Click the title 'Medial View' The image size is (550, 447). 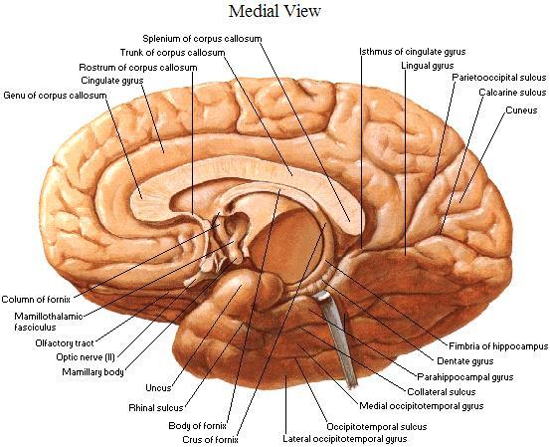(275, 11)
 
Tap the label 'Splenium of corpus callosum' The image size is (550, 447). (202, 38)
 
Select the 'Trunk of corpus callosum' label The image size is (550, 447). (173, 53)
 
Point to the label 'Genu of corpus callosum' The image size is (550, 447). (55, 96)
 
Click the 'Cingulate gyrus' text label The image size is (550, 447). (112, 81)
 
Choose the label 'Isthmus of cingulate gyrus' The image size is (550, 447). (413, 52)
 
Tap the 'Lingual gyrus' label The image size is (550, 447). (428, 66)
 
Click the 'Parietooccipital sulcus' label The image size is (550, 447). (499, 78)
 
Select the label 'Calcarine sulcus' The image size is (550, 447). (512, 93)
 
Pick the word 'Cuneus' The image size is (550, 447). (521, 111)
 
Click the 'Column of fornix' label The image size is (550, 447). (36, 300)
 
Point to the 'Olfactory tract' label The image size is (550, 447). (65, 343)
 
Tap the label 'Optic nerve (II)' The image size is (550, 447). (86, 357)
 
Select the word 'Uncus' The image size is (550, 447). (158, 388)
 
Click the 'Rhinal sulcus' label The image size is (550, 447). (156, 408)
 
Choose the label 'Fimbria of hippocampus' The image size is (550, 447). (498, 346)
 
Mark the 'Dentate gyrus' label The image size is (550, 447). (465, 361)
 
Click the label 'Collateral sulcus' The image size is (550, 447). (442, 392)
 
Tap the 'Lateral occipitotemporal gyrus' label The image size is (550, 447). (345, 439)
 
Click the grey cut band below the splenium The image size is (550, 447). (339, 337)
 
